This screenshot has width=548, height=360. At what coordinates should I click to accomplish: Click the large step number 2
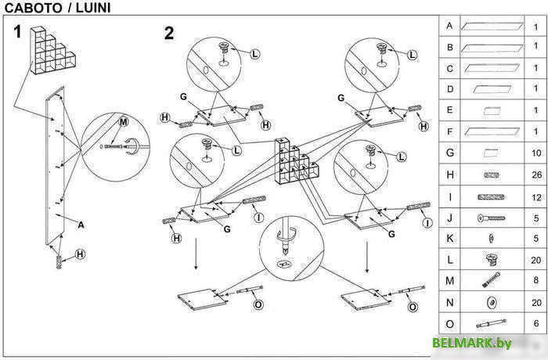point(169,33)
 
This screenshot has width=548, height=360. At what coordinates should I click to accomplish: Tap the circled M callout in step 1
point(122,122)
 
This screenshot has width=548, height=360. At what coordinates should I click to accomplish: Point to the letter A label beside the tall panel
point(81,224)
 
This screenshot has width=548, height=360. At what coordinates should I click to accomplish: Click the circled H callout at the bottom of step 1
point(80,254)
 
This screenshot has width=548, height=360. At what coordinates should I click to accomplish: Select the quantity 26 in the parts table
point(536,175)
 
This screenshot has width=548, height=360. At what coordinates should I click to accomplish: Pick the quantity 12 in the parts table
point(536,196)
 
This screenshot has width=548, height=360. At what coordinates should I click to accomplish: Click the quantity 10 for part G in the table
point(536,153)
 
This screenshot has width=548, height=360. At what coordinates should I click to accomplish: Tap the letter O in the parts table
point(449,322)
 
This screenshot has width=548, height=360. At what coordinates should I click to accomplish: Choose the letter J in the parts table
point(449,217)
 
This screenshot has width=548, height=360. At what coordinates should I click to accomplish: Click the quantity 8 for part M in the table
point(536,280)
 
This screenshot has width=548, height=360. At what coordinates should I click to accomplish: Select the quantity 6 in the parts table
point(536,322)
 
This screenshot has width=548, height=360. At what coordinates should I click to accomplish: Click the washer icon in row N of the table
point(491,302)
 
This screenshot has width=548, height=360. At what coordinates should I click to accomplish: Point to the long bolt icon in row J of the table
point(491,218)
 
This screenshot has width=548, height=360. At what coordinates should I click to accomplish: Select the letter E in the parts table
point(449,110)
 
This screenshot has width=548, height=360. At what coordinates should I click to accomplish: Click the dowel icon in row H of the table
point(491,175)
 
